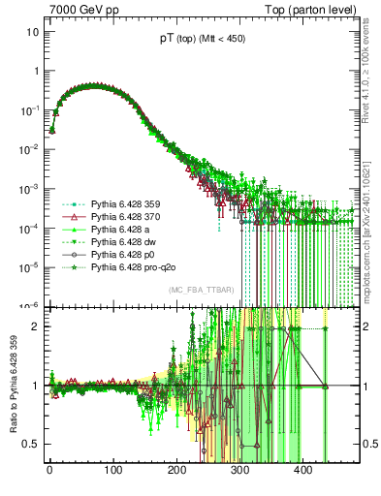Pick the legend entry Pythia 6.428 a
[116, 230]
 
